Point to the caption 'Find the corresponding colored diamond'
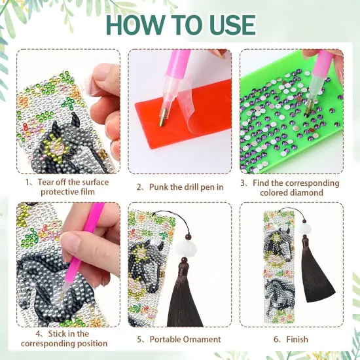coord(290,188)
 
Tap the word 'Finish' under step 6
coord(293,339)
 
